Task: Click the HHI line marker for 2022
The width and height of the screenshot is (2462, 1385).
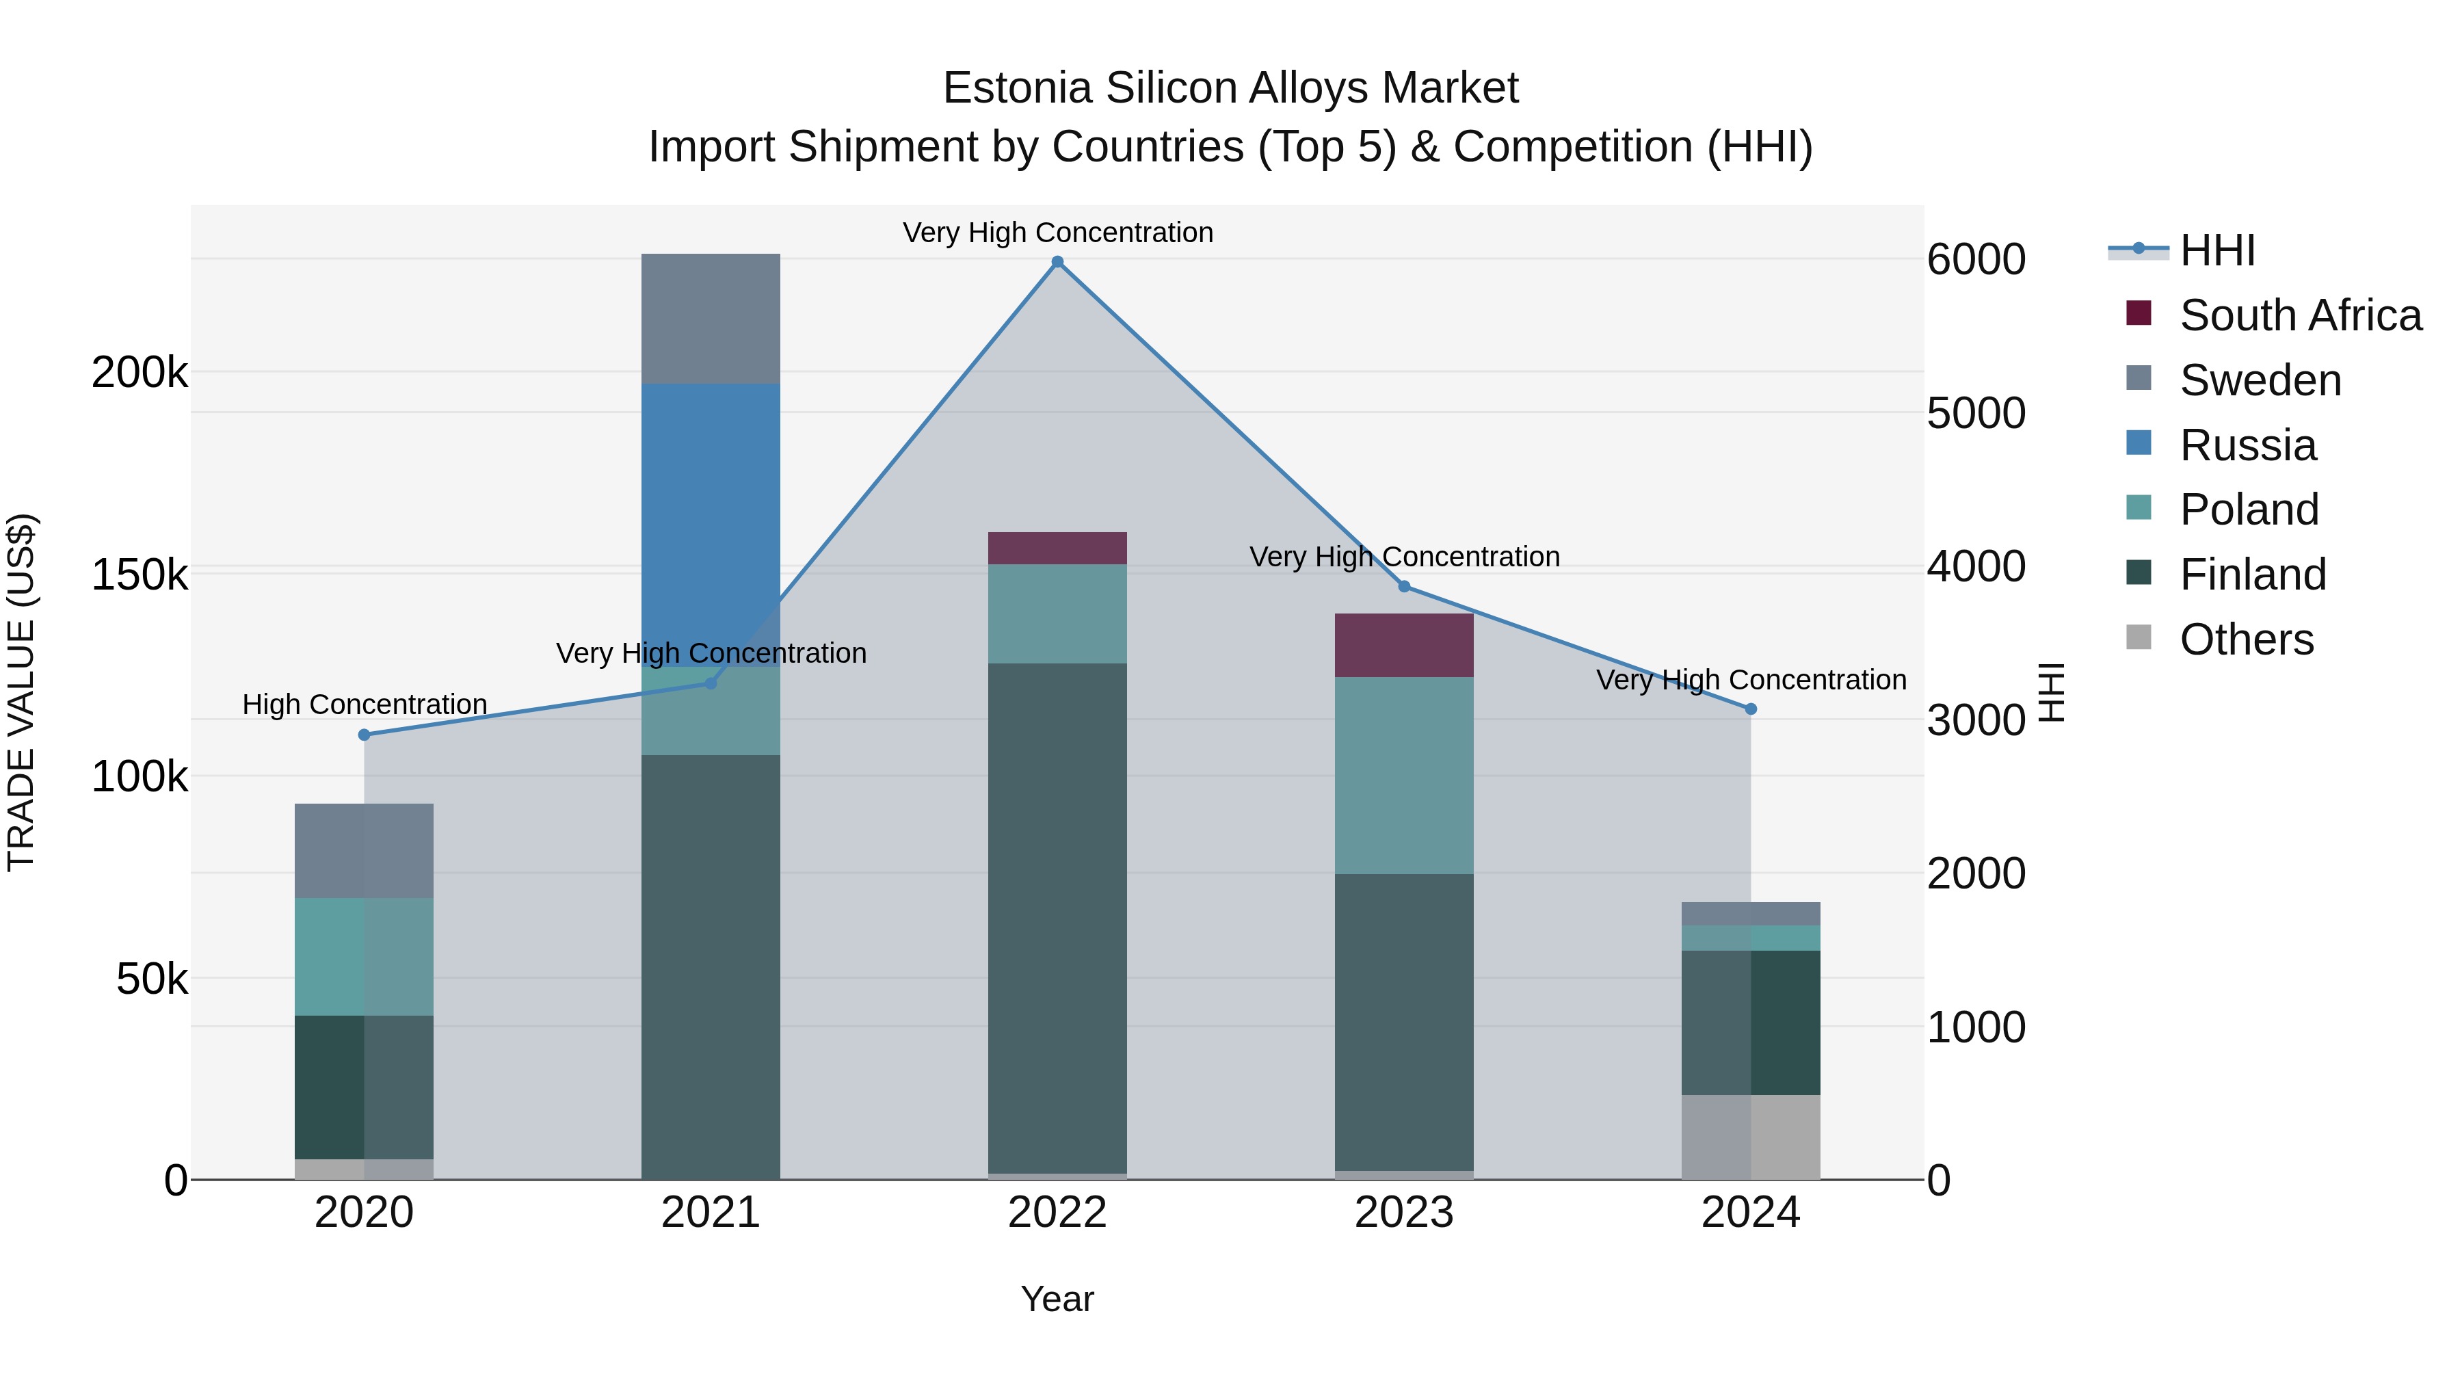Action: coord(1057,262)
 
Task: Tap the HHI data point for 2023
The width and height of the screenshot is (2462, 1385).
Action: coord(1404,587)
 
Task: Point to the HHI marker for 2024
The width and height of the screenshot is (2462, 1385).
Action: coord(1751,709)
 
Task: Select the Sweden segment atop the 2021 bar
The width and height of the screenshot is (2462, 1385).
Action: coord(710,318)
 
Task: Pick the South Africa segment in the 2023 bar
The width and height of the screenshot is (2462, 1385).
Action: coord(1404,645)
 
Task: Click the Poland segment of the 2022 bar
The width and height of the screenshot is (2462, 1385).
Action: coord(1057,614)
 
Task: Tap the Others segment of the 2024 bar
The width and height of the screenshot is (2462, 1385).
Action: coord(1751,1137)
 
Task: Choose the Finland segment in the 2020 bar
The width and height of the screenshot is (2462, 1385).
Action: coord(364,1087)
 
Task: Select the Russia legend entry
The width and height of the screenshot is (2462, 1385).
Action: coord(2247,445)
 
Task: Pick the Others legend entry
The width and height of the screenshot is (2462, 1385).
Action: coord(2246,639)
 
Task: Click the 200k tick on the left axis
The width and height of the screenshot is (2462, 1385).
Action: coord(140,372)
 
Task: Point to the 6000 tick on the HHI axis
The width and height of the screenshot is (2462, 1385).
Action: coord(1976,259)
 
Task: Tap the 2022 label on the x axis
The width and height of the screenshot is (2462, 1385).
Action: coord(1057,1213)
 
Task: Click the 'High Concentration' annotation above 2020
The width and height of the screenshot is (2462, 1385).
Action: coord(364,704)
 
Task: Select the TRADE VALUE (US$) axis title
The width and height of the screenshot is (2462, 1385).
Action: coord(21,692)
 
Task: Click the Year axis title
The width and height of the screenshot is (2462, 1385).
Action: coord(1057,1299)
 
